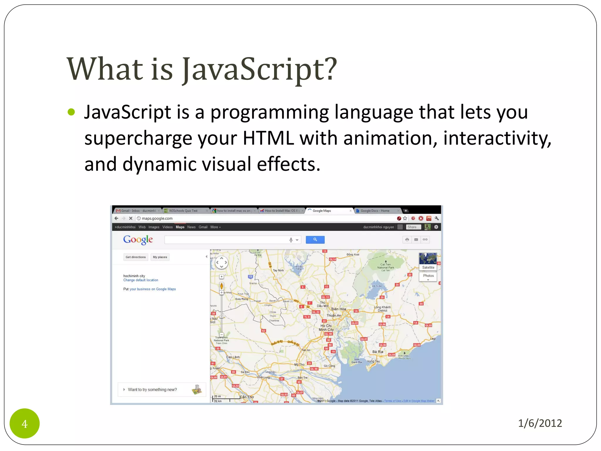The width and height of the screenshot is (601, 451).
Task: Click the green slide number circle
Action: (x=24, y=423)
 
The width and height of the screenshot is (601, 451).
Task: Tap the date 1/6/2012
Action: (x=540, y=423)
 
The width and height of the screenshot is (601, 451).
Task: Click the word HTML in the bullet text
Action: (x=268, y=138)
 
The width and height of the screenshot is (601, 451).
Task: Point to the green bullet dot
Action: (x=71, y=112)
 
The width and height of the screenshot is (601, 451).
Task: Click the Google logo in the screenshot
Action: (x=138, y=240)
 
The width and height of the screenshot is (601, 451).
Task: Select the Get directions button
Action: (x=136, y=257)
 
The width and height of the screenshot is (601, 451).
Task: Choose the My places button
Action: (x=160, y=257)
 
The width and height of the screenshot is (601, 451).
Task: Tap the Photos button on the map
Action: (x=428, y=276)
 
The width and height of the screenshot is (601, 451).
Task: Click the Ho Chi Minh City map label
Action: (x=326, y=328)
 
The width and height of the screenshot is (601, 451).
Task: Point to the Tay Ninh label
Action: (x=278, y=270)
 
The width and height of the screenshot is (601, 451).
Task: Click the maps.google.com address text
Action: (x=157, y=218)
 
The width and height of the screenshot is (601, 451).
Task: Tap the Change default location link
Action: (x=141, y=280)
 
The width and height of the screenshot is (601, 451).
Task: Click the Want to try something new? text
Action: (x=152, y=390)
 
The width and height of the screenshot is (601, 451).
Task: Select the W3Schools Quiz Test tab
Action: (x=183, y=211)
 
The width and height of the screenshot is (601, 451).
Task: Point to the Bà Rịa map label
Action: (x=378, y=352)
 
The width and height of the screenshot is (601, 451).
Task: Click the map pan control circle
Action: (x=222, y=262)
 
